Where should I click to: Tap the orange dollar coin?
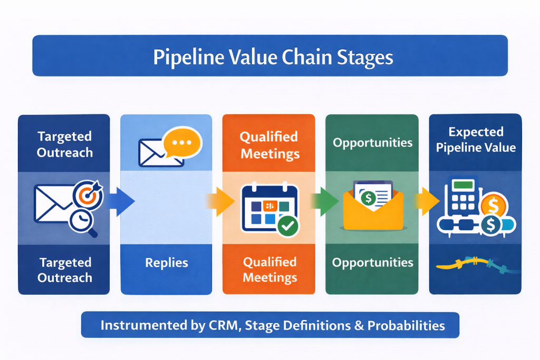tap(494, 205)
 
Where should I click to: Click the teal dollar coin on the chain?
tap(490, 226)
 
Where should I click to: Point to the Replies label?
tap(166, 262)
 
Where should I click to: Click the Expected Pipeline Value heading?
tap(476, 139)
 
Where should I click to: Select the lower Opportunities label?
tap(372, 262)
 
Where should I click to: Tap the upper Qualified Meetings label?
tap(269, 145)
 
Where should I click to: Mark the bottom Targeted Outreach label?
tap(65, 270)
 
